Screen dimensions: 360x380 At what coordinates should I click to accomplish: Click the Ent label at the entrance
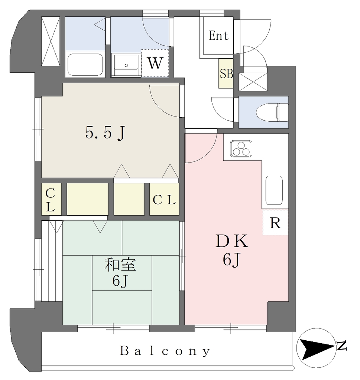click(218, 36)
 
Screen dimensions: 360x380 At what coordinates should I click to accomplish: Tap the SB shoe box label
click(226, 74)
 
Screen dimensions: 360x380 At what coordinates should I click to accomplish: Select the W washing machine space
click(155, 63)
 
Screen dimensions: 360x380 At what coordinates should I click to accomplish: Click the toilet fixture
click(272, 112)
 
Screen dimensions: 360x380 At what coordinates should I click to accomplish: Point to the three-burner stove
click(241, 148)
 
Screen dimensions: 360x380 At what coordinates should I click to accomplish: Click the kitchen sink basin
click(274, 190)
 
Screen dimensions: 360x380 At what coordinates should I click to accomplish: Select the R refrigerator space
click(275, 223)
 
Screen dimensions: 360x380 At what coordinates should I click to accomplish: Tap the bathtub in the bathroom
click(85, 65)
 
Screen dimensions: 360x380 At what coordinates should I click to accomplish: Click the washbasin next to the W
click(126, 65)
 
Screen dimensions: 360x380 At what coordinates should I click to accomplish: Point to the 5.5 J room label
click(105, 134)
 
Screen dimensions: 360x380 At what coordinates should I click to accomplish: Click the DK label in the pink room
click(231, 241)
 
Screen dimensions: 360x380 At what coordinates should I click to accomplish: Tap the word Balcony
click(165, 351)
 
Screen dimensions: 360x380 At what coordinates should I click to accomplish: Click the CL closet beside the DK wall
click(164, 199)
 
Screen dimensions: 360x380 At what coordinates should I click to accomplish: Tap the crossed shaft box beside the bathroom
click(51, 41)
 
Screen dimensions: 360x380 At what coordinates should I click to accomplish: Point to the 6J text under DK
click(231, 261)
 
